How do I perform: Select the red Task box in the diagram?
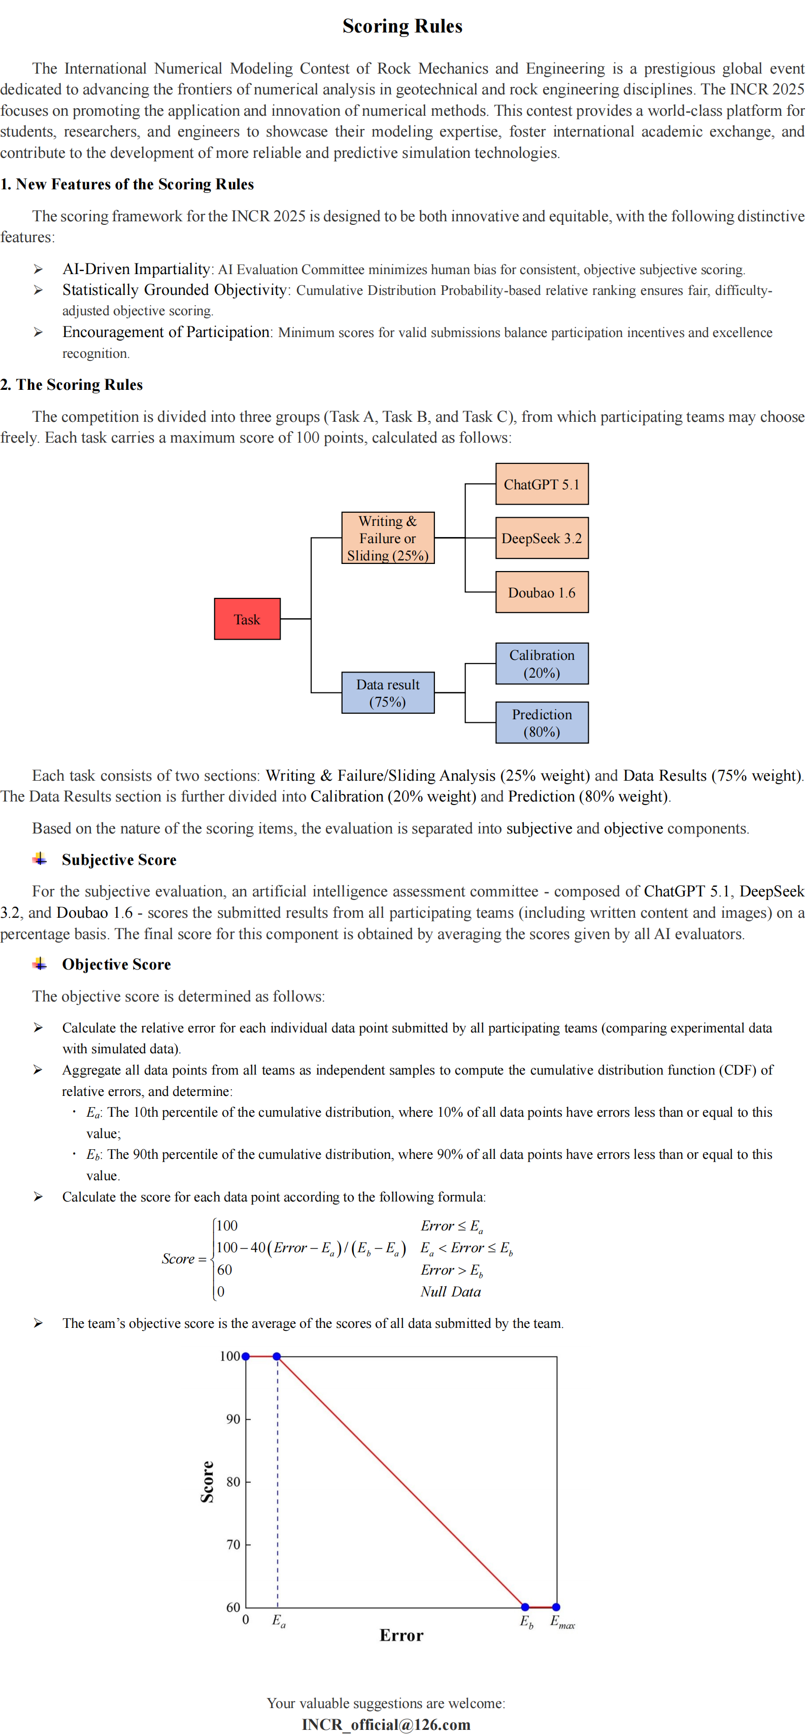247,619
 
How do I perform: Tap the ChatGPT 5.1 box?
541,484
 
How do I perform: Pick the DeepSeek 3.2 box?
541,538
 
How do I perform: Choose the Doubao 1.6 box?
541,592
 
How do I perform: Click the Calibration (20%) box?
541,663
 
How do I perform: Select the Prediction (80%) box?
541,722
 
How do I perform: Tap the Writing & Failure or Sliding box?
387,538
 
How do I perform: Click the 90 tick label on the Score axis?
233,1419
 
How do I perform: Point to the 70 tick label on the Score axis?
233,1545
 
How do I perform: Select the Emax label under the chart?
562,1621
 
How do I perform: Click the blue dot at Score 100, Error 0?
246,1356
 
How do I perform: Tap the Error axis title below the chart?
401,1635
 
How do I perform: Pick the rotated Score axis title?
207,1482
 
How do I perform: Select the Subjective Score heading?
119,860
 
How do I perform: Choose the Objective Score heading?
116,964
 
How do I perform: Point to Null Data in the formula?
450,1292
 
